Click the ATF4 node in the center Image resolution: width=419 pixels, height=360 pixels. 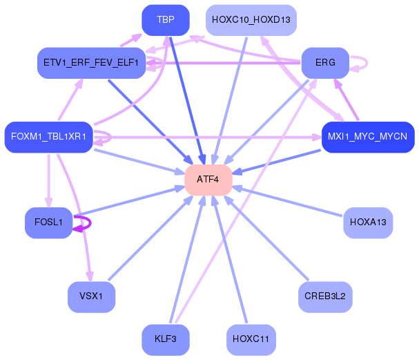[208, 180]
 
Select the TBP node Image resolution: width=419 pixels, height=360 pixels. [165, 20]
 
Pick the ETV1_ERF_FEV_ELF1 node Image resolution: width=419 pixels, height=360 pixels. [91, 63]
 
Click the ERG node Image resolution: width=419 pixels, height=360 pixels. [325, 63]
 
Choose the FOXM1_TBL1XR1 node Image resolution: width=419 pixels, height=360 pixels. [48, 137]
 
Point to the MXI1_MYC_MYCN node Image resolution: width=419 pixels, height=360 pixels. [367, 137]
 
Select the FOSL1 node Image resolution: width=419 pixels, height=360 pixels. [48, 222]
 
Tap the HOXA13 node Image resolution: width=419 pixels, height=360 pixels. [367, 222]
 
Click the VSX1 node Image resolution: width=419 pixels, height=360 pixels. [91, 296]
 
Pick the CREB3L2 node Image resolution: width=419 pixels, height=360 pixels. [325, 296]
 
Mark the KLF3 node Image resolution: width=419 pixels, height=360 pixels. [165, 339]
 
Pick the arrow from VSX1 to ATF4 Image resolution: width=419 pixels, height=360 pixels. [148, 238]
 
